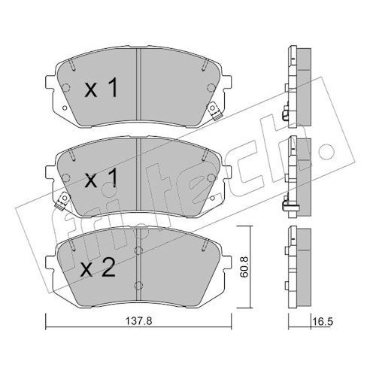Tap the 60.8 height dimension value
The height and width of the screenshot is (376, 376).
pos(244,267)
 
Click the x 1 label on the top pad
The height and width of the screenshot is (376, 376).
pos(101,87)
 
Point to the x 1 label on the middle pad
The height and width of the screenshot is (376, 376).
pos(101,177)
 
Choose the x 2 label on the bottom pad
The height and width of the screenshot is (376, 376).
pos(98,268)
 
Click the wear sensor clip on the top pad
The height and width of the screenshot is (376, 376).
pos(215,111)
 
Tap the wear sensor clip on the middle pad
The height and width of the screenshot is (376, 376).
pos(62,201)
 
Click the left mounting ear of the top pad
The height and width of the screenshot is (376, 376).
pos(50,82)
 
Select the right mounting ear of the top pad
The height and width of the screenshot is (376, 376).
pos(227,82)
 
